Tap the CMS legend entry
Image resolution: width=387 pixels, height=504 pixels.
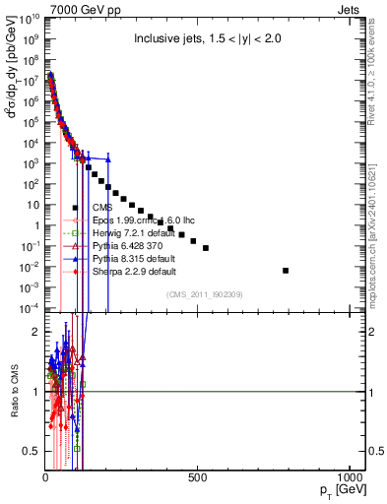(101, 208)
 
